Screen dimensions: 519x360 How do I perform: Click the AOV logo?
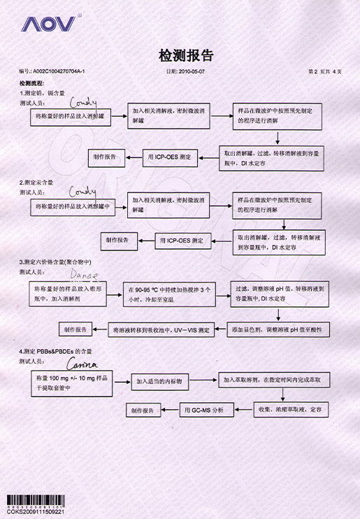pyautogui.click(x=49, y=24)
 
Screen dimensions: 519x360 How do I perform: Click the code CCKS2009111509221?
pyautogui.click(x=35, y=512)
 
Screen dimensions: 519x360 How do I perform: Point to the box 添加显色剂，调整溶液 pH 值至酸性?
pyautogui.click(x=280, y=328)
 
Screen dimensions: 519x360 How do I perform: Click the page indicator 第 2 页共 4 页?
pyautogui.click(x=324, y=72)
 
